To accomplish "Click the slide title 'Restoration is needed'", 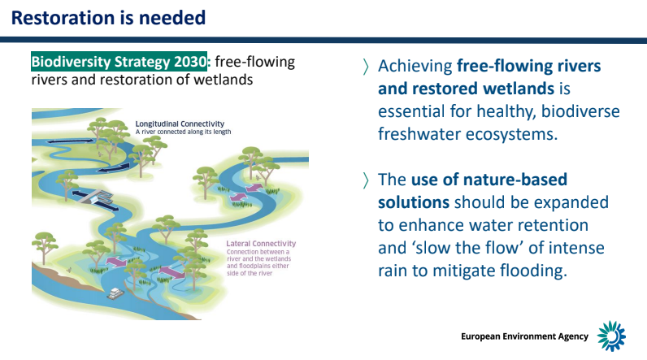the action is pos(109,18).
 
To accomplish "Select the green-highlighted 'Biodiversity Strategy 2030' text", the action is pos(119,62).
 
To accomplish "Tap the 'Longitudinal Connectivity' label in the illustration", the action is pos(180,124).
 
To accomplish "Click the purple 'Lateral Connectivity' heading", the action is pos(261,244).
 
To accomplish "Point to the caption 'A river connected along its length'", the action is pos(183,132).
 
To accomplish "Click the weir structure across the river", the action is pos(97,197).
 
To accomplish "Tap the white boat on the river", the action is pos(115,293).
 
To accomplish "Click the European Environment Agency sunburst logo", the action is pos(611,336).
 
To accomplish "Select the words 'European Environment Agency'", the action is pos(524,336).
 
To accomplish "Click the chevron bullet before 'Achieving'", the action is pos(366,67).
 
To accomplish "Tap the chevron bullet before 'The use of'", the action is pos(366,180).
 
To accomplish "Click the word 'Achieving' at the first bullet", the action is pos(415,67).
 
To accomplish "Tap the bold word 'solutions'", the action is pos(414,202).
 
